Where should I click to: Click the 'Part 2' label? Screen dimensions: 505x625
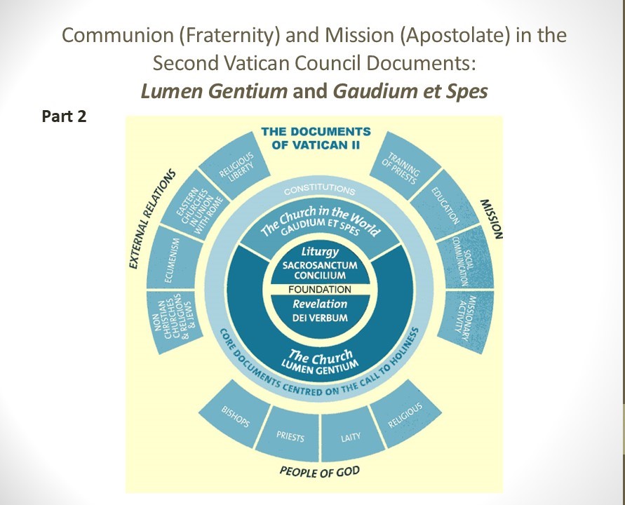pyautogui.click(x=65, y=116)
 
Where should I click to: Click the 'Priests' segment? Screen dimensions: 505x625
pyautogui.click(x=290, y=436)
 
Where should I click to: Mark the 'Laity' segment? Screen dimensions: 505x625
pyautogui.click(x=350, y=436)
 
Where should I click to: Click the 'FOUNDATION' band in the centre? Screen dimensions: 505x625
pyautogui.click(x=320, y=289)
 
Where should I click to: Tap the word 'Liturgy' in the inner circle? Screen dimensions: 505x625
pyautogui.click(x=320, y=250)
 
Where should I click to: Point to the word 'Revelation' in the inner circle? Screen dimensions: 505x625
pyautogui.click(x=320, y=304)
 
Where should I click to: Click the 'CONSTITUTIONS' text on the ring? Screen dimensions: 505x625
pyautogui.click(x=319, y=190)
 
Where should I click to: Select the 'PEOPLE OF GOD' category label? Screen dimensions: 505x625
pyautogui.click(x=319, y=471)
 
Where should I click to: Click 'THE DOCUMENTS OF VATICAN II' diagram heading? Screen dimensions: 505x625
pyautogui.click(x=316, y=137)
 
